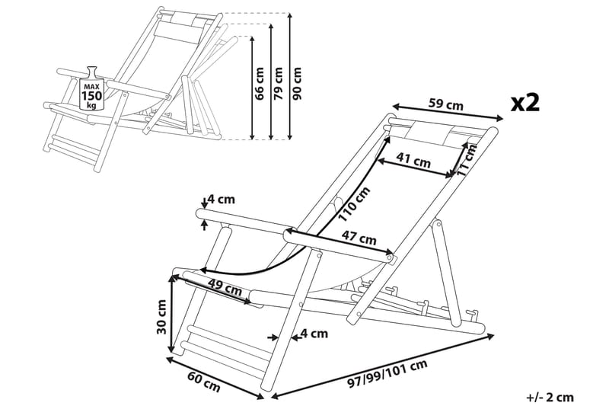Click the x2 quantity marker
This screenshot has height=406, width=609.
[525, 102]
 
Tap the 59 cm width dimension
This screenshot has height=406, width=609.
[446, 105]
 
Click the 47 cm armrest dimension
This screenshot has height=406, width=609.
[358, 238]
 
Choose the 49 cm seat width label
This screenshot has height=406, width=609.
[224, 289]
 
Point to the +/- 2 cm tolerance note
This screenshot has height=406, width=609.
[549, 396]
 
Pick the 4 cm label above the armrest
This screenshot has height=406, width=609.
[222, 200]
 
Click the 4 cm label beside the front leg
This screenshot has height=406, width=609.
[313, 333]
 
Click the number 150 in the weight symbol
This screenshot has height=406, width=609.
[92, 96]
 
